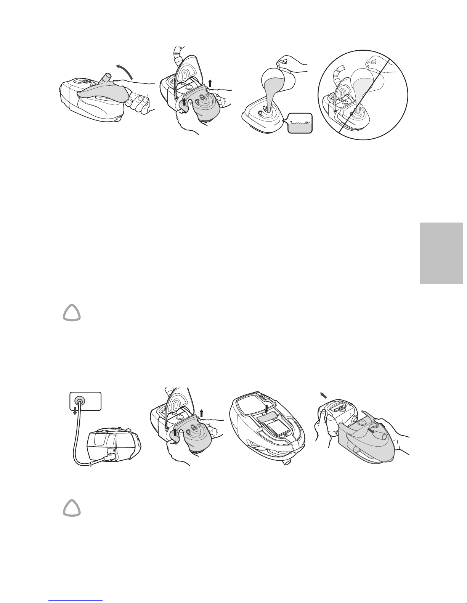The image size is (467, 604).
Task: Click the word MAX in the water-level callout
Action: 307,122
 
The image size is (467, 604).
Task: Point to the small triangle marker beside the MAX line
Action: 291,122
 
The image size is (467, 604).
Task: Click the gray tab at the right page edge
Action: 441,253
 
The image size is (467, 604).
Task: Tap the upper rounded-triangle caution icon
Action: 72,313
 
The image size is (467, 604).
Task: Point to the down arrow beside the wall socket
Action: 74,410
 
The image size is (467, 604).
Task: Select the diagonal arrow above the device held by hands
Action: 323,395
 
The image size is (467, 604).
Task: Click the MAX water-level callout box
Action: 300,123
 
